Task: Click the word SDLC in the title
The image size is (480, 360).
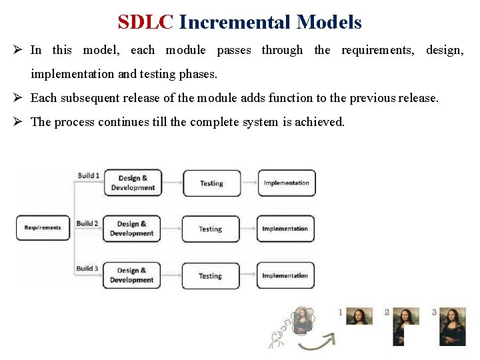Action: pos(145,22)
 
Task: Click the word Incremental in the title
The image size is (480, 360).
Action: pos(235,22)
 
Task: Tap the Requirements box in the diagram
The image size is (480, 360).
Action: pos(43,227)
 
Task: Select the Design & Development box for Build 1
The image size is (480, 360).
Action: pos(133,183)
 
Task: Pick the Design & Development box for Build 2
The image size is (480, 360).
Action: pos(132,229)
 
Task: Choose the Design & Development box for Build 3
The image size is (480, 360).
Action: pos(131,275)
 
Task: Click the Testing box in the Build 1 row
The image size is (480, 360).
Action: pos(211,183)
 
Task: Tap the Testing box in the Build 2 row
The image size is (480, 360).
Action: pos(210,229)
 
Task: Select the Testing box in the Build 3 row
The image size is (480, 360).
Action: pos(210,275)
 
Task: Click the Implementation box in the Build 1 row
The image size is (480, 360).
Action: pos(287,183)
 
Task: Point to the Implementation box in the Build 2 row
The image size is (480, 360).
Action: pos(285,229)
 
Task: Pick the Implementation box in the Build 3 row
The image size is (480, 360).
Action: pos(285,275)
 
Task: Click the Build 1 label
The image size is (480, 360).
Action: pos(88,175)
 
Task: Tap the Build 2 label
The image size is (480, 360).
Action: pos(87,223)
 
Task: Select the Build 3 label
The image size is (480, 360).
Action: pos(87,269)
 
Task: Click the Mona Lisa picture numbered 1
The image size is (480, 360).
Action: pos(360,316)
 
